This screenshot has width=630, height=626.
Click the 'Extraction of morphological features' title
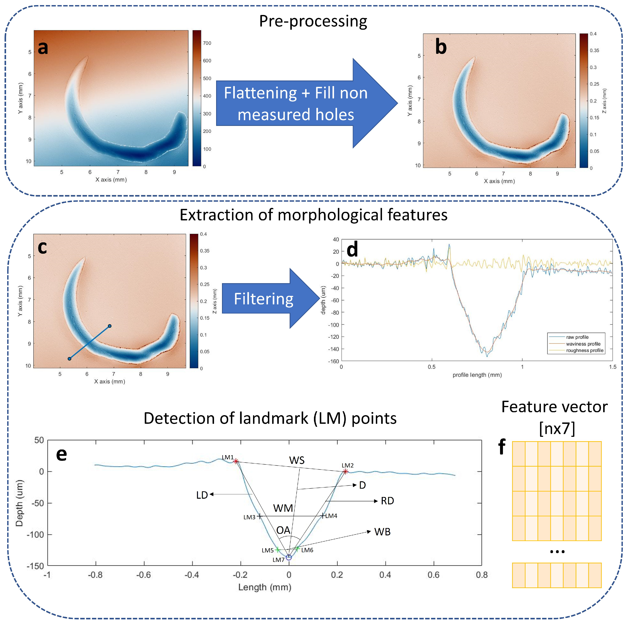tap(313, 215)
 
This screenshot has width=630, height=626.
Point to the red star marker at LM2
tap(345, 471)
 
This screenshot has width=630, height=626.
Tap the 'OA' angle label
tap(283, 530)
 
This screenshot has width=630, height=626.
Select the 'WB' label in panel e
tap(382, 532)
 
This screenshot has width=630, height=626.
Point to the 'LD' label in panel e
tap(202, 495)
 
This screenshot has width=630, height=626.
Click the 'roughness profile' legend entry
tap(585, 351)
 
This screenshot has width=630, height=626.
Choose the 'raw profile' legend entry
tap(577, 337)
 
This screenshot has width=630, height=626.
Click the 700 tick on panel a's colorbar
tap(207, 43)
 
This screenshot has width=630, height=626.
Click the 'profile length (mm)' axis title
tap(477, 375)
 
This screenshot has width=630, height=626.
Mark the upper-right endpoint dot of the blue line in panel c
tap(110, 326)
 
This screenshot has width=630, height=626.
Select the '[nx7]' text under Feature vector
tap(557, 428)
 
